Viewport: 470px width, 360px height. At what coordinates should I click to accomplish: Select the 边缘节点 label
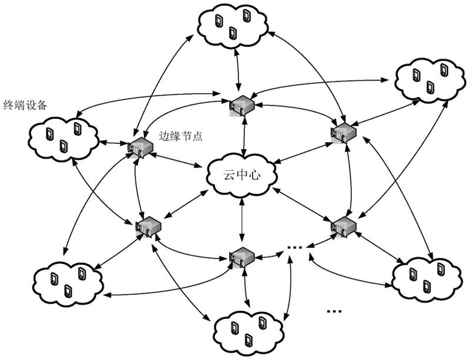(181, 136)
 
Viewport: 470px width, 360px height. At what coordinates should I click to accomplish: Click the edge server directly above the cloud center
(241, 106)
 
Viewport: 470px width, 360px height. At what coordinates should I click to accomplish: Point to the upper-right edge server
(343, 132)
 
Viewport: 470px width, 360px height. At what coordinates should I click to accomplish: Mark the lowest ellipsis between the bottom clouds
(333, 311)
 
